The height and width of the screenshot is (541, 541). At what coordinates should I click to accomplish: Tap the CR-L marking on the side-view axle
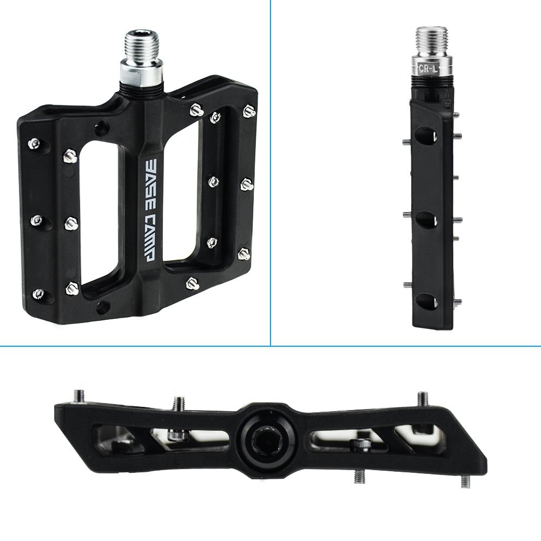pos(428,68)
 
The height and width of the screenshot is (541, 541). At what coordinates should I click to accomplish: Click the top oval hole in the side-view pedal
pos(427,135)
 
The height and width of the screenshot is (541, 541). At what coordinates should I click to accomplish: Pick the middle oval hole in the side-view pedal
pos(427,220)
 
